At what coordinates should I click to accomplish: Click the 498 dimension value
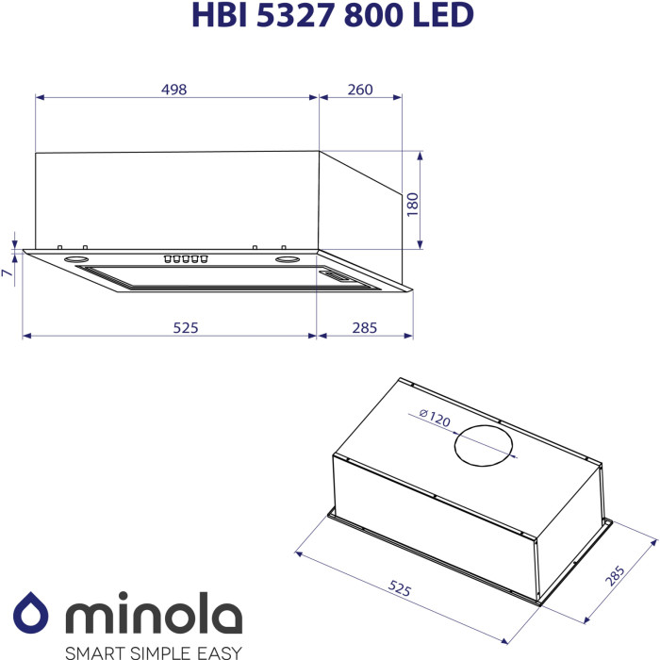click(173, 90)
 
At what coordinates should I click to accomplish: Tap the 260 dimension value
click(360, 90)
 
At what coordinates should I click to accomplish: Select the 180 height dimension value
click(413, 205)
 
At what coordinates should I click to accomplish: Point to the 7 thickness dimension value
click(8, 272)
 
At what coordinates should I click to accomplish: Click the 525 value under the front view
click(186, 327)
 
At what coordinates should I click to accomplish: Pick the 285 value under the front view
click(365, 327)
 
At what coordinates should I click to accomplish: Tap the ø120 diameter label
click(435, 418)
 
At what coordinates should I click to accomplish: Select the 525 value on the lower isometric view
click(399, 588)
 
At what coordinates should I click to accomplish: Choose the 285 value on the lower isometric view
click(615, 575)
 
